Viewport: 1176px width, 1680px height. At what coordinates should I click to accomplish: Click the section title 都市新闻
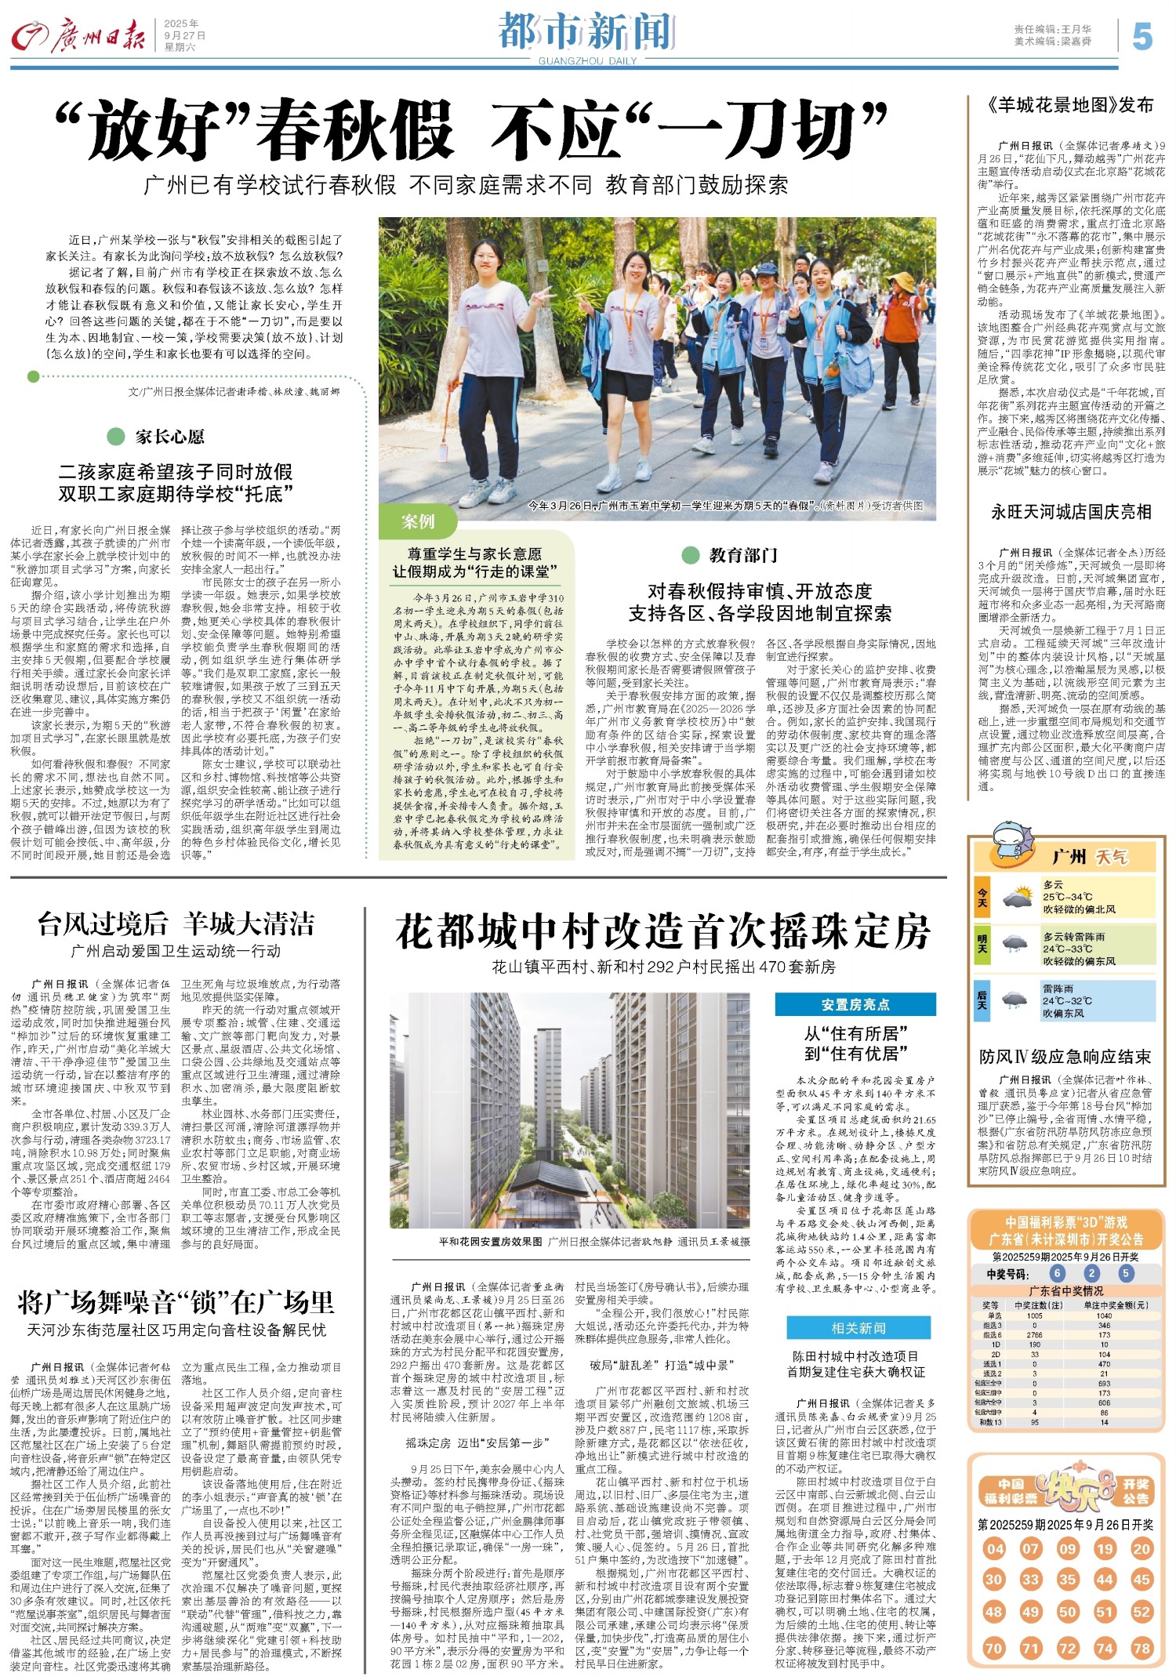pos(587,31)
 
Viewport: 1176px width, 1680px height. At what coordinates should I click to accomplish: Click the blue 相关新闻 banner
pos(858,1328)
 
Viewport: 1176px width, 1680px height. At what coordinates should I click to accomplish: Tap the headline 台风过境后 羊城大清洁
pos(176,924)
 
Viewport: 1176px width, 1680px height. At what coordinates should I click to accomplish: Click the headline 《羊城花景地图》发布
pos(1070,105)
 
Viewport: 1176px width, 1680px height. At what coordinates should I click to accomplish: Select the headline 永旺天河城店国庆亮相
pos(1071,513)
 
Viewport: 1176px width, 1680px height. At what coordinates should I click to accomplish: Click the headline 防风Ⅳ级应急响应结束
pos(1065,1057)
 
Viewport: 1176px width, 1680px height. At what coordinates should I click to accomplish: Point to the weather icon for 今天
pos(1017,897)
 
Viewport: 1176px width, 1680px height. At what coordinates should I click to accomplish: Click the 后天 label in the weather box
pos(982,999)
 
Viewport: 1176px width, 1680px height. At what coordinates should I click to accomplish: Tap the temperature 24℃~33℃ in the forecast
pos(1067,949)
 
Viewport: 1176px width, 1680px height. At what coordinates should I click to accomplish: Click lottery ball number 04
pos(995,1549)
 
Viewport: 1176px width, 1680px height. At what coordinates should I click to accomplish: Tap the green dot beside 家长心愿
pos(116,437)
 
